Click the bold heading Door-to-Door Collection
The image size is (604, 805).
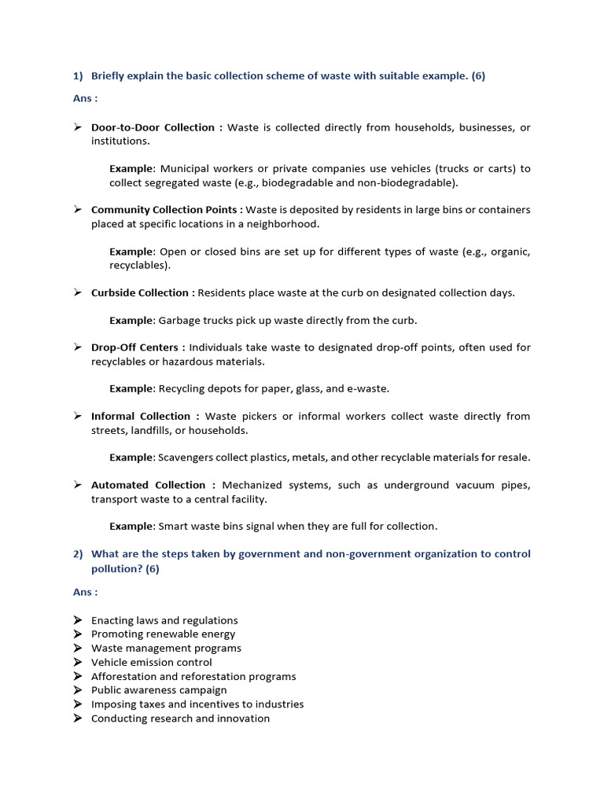pyautogui.click(x=153, y=127)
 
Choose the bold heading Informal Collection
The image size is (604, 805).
pyautogui.click(x=141, y=416)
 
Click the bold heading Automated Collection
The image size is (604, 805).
pyautogui.click(x=148, y=485)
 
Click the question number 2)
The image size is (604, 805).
pyautogui.click(x=78, y=554)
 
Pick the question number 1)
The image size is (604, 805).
pyautogui.click(x=78, y=76)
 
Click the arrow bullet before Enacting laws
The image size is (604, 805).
pyautogui.click(x=78, y=620)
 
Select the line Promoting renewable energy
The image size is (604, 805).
pyautogui.click(x=163, y=634)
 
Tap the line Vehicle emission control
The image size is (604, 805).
pyautogui.click(x=151, y=663)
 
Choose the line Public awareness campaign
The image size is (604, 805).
pyautogui.click(x=159, y=690)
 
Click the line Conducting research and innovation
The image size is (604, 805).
pyautogui.click(x=180, y=719)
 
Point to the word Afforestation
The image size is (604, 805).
pyautogui.click(x=124, y=676)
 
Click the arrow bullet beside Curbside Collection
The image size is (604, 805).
pyautogui.click(x=78, y=292)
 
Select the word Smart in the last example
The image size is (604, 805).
pyautogui.click(x=175, y=527)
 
